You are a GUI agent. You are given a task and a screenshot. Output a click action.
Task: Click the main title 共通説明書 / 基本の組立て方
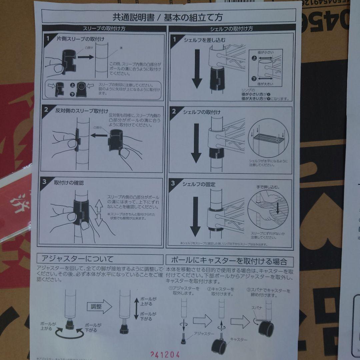point(168,17)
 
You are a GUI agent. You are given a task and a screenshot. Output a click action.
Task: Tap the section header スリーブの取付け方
point(104,29)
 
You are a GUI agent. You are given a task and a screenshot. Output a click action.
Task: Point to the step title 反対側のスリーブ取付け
point(81,111)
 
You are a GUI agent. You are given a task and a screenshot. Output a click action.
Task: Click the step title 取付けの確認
point(69,183)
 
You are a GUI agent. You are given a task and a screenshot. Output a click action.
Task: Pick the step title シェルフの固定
point(199,184)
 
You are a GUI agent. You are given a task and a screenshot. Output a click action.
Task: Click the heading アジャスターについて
point(77,259)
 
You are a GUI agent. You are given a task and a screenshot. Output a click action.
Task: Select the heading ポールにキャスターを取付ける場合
point(229,261)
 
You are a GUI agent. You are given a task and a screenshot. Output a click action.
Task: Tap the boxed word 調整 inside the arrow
point(97,307)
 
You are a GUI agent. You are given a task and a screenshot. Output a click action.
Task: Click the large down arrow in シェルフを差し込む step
point(197,69)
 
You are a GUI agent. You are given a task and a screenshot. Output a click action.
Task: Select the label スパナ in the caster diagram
point(257,308)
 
